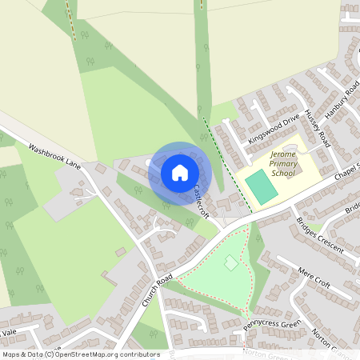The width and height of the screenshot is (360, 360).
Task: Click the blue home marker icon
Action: pyautogui.click(x=179, y=173)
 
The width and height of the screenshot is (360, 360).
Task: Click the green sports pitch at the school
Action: pyautogui.click(x=262, y=186)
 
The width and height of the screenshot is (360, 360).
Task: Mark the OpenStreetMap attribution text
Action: pyautogui.click(x=80, y=354)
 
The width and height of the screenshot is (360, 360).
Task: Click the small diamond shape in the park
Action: pyautogui.click(x=230, y=262)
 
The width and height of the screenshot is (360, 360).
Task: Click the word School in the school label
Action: pyautogui.click(x=282, y=172)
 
